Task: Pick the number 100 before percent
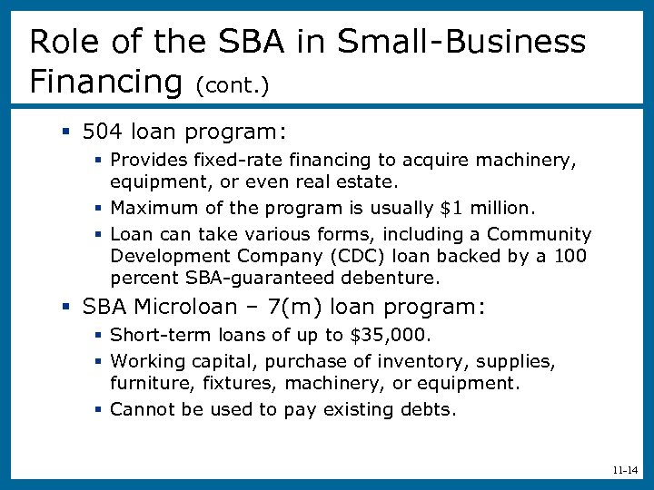pyautogui.click(x=571, y=256)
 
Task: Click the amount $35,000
pyautogui.click(x=387, y=336)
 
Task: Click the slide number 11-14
pyautogui.click(x=625, y=471)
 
